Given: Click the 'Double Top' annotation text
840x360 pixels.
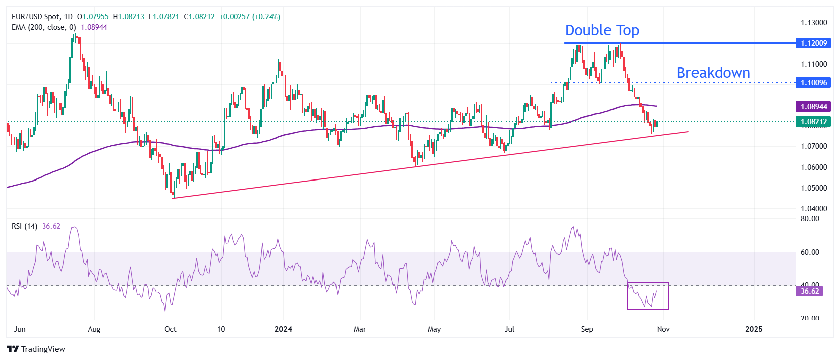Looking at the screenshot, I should click(602, 30).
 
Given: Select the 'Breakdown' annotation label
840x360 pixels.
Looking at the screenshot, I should click(713, 73).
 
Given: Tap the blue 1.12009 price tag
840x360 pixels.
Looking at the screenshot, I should click(813, 43).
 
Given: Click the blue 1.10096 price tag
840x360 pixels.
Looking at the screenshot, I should click(813, 83).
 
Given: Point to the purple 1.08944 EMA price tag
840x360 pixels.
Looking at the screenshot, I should click(813, 106).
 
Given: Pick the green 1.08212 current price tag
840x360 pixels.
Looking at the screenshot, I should click(813, 122).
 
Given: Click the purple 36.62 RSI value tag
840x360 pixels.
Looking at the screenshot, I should click(809, 291).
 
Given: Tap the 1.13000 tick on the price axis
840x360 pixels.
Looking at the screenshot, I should click(813, 23).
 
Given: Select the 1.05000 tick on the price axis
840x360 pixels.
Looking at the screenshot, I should click(813, 188).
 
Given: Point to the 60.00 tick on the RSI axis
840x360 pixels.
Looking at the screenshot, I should click(809, 252).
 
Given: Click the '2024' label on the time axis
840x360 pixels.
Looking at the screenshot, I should click(283, 329).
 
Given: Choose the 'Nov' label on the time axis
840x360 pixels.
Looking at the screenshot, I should click(663, 329).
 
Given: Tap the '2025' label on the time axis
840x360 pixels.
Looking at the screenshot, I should click(754, 329).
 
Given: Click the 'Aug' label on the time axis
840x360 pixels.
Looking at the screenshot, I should click(94, 329).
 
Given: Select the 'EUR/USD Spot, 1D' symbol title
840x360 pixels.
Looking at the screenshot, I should click(42, 17).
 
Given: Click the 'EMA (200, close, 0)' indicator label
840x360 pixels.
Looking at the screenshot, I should click(44, 27).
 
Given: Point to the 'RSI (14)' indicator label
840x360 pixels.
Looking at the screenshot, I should click(24, 226).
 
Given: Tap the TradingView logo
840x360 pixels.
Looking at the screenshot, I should click(36, 349).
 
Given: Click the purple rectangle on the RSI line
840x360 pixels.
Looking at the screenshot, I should click(648, 296).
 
